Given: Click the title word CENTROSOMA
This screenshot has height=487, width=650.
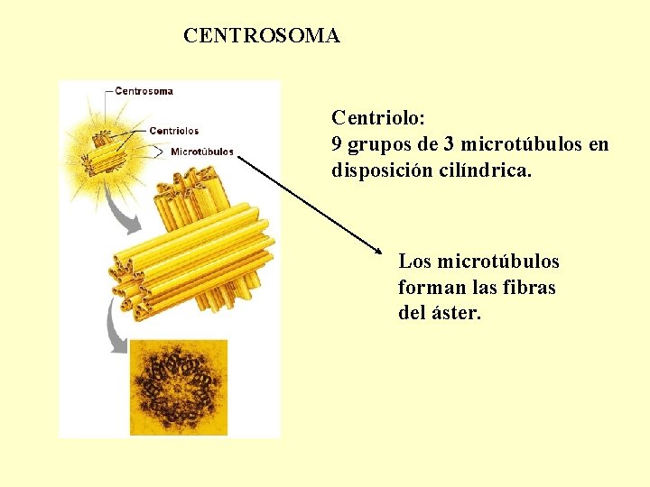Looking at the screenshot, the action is [x=261, y=36].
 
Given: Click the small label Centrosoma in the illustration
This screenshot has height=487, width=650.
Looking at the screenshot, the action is [x=144, y=91].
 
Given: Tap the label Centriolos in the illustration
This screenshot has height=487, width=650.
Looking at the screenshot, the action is [x=173, y=132].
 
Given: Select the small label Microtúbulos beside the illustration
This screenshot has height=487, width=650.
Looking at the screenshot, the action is [x=202, y=152].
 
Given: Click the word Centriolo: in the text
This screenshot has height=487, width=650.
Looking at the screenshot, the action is [x=378, y=118].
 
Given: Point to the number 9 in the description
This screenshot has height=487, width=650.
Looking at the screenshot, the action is [x=338, y=144].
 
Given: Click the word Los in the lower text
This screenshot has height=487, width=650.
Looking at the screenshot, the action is [x=414, y=262].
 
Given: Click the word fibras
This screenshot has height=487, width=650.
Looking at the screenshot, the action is [x=529, y=288].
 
